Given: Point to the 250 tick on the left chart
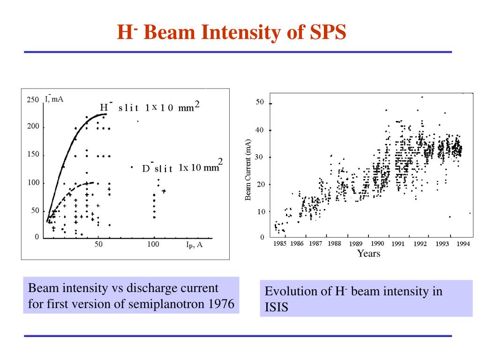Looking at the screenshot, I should click(32, 100).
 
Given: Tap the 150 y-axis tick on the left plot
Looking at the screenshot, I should click(32, 155).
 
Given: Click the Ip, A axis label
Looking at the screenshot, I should click(194, 245).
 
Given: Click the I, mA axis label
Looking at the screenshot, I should click(54, 98).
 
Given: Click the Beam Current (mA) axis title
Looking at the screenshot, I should click(248, 170).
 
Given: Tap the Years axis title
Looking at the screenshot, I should click(368, 254).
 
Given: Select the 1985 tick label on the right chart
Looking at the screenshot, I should click(280, 244).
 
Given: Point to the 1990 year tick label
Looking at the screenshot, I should click(377, 244).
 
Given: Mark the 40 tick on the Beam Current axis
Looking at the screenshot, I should click(260, 130).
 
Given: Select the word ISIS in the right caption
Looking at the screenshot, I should click(276, 307).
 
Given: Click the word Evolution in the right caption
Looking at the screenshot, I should click(286, 292).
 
